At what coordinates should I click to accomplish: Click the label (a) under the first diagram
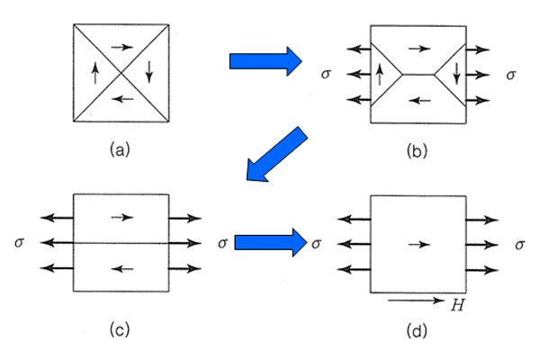tap(117, 151)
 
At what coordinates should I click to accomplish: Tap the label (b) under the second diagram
tap(416, 151)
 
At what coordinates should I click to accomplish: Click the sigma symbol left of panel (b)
tap(326, 74)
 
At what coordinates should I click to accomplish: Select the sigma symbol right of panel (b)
tap(510, 74)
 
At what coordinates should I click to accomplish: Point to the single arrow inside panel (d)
tap(416, 243)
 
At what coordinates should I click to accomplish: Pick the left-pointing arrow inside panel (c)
tap(121, 268)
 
